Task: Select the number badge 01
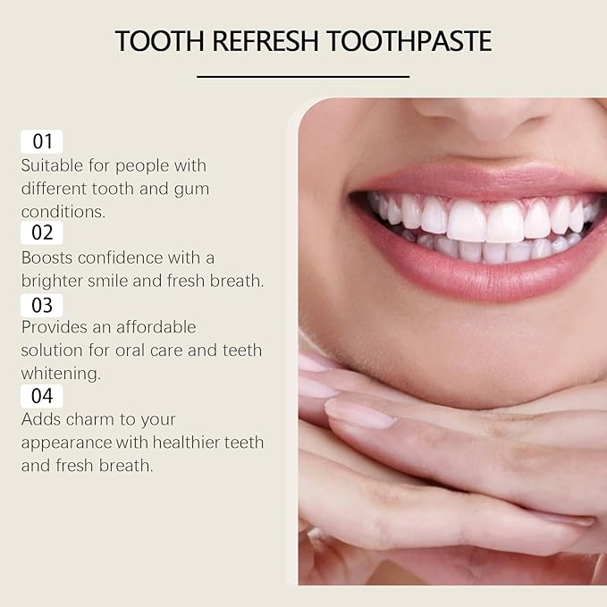[42, 141]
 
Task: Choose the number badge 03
[42, 304]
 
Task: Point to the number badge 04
[42, 396]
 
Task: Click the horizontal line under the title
[303, 77]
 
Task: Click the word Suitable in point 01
[49, 165]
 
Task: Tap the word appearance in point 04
[68, 443]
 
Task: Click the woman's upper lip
[474, 177]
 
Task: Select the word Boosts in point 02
[46, 257]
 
